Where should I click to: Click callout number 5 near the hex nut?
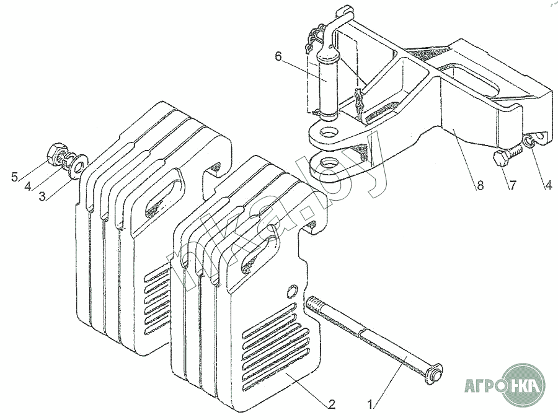click(x=14, y=177)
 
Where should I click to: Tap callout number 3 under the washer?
click(x=42, y=196)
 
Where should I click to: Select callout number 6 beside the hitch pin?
click(x=278, y=56)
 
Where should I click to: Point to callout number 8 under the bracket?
click(x=480, y=185)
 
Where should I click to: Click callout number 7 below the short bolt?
click(x=511, y=185)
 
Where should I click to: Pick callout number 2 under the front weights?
click(x=331, y=404)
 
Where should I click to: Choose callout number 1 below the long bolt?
click(x=370, y=405)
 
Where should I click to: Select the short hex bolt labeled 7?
click(x=507, y=155)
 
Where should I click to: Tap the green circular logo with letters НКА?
click(x=525, y=385)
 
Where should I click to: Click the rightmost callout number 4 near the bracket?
click(x=549, y=185)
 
